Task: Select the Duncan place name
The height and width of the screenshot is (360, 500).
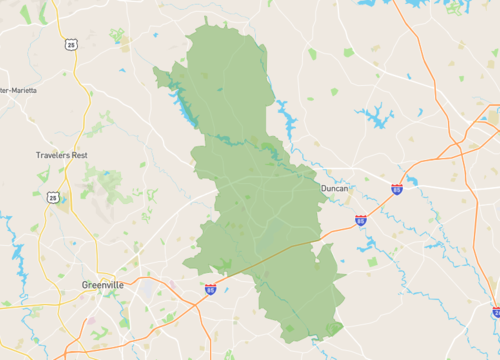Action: (x=333, y=188)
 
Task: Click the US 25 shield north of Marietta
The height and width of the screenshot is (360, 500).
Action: (x=70, y=45)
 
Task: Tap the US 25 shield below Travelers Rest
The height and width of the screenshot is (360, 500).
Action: (x=51, y=198)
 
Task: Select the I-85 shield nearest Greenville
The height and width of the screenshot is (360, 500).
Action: (x=210, y=289)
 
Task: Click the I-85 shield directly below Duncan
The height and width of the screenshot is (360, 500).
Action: (x=360, y=220)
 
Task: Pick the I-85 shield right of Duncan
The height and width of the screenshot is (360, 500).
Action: (x=397, y=188)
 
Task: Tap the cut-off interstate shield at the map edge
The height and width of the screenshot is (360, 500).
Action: (x=496, y=312)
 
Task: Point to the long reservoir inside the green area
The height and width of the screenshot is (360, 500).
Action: (x=185, y=100)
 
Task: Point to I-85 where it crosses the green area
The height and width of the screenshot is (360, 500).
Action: (x=280, y=251)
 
